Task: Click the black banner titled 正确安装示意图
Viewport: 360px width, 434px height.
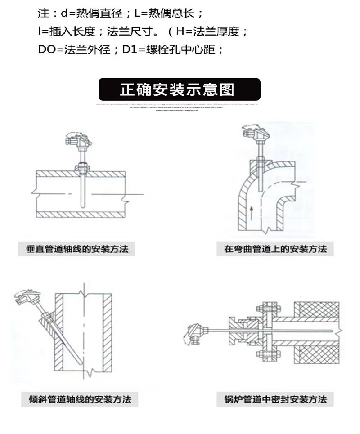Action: [180, 89]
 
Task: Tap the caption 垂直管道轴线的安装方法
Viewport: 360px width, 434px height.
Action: [77, 249]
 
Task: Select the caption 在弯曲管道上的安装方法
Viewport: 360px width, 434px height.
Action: [275, 249]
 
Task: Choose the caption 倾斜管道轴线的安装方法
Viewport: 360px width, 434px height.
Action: [80, 399]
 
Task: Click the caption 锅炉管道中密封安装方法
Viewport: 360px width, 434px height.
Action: [275, 399]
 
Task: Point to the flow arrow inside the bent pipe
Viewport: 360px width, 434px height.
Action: [251, 213]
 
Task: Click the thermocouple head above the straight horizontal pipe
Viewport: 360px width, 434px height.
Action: [79, 140]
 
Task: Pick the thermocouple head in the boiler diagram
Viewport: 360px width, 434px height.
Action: [195, 334]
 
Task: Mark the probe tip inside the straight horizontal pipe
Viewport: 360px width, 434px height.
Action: [82, 206]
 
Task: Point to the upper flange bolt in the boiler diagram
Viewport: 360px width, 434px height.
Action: [268, 308]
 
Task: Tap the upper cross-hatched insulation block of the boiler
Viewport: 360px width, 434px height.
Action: [316, 309]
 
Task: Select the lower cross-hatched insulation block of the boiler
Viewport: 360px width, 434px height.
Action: [316, 354]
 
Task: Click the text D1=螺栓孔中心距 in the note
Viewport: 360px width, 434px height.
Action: [173, 50]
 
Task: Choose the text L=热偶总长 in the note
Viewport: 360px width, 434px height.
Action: [168, 13]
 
